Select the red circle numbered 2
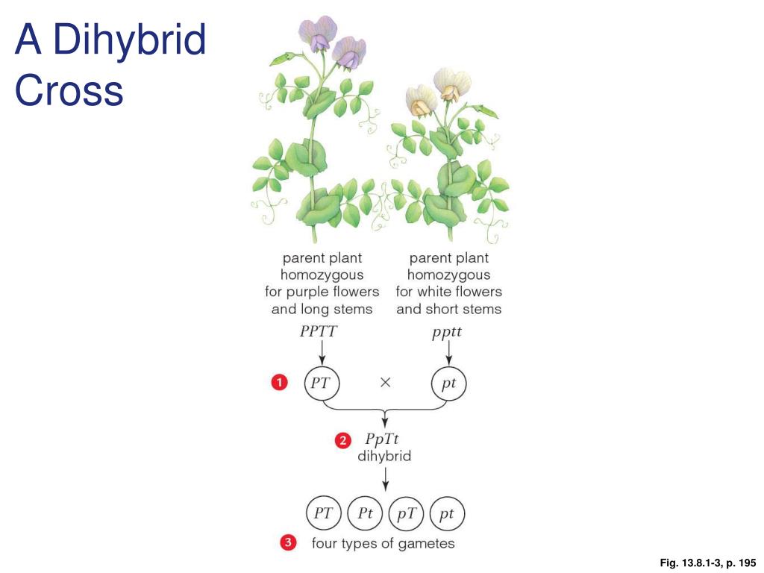[x=342, y=440]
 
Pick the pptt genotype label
[x=447, y=333]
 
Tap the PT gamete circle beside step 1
[x=322, y=383]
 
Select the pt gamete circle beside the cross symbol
[x=449, y=384]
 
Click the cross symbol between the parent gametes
[x=385, y=383]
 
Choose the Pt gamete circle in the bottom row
[x=364, y=514]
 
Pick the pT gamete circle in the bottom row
[x=406, y=514]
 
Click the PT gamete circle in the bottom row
[x=323, y=514]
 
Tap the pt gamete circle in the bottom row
[x=447, y=514]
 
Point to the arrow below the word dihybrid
[x=385, y=478]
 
